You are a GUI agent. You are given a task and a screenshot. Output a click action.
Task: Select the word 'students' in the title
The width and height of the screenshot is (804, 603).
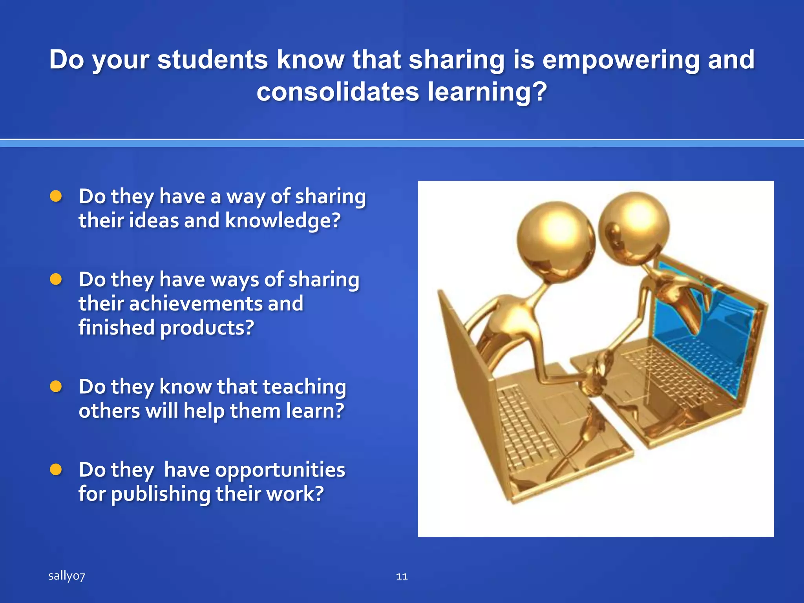pos(212,60)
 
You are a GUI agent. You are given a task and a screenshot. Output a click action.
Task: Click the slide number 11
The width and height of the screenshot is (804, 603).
pos(402,576)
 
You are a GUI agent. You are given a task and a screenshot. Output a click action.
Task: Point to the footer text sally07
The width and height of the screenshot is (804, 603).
pos(66,576)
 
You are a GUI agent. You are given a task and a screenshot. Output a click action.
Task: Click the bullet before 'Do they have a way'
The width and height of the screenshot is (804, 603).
pos(56,196)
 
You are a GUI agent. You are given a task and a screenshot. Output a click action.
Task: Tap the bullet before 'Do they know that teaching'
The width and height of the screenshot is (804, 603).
pos(56,387)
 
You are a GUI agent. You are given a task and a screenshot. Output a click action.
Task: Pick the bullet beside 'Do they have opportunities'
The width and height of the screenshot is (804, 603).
pos(56,470)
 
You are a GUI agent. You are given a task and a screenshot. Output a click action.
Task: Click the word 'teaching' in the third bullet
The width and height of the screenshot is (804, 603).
pos(304,387)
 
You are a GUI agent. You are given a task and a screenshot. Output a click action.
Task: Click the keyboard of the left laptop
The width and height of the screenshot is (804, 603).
pos(526,428)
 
